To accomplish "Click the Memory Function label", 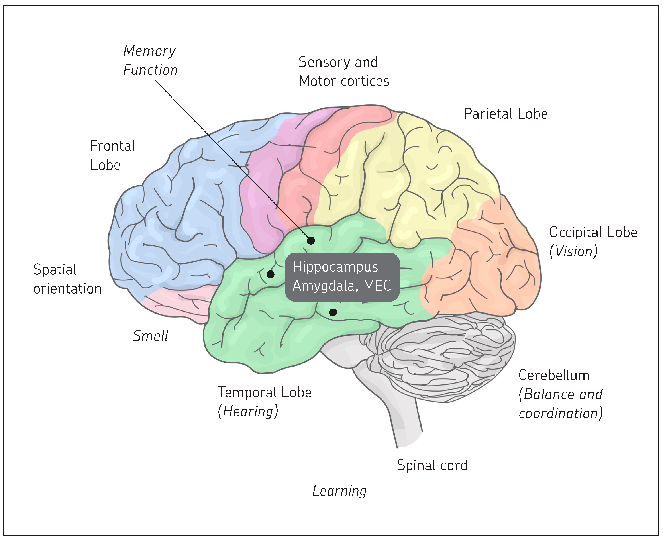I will point(150,60).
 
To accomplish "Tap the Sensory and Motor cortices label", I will point(343,72).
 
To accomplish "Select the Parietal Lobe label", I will point(505,114).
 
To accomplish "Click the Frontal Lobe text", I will point(112,155).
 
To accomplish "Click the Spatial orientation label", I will point(67,279).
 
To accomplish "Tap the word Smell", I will point(150,336).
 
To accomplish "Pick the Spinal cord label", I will point(432,465).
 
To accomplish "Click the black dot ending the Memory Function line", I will point(311,240).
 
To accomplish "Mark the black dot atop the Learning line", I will point(333,312).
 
